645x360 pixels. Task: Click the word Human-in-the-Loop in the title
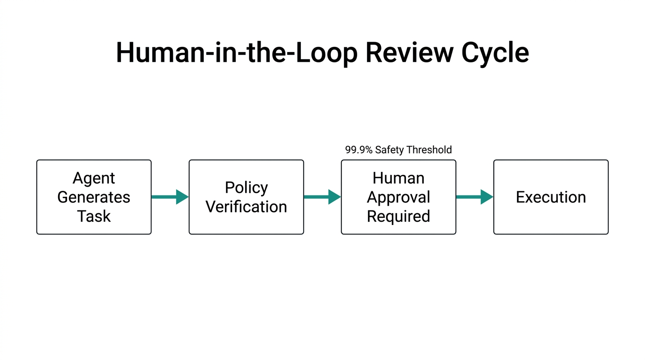tap(236, 52)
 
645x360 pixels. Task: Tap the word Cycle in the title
tap(495, 52)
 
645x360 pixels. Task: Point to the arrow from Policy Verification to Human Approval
tap(322, 197)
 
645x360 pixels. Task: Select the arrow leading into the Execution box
tap(474, 197)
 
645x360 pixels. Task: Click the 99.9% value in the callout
tap(359, 150)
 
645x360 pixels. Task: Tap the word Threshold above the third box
tap(429, 150)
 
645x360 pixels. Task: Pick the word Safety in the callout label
tap(390, 150)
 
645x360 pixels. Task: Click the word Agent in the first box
tap(94, 178)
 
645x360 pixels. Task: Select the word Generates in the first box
tap(94, 197)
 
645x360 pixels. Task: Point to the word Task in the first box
tap(94, 216)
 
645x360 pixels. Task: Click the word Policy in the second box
tap(246, 187)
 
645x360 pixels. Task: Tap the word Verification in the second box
tap(246, 207)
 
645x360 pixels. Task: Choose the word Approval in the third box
tap(398, 197)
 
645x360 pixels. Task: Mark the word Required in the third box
tap(398, 216)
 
